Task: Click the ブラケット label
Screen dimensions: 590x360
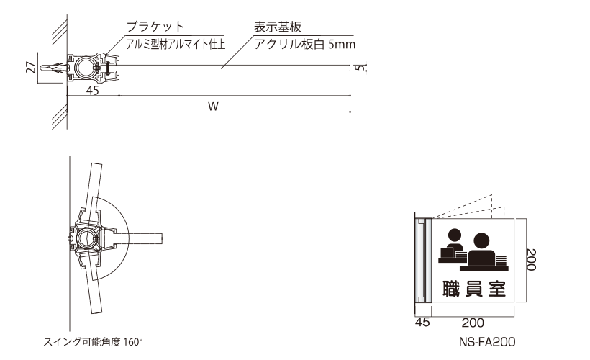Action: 155,27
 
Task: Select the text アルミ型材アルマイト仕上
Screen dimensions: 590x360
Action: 176,45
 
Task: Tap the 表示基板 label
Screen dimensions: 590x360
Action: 278,27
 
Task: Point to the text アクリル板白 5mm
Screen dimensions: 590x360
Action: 305,45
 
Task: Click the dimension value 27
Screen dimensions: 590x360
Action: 32,68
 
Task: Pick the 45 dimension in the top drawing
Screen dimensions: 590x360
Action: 93,91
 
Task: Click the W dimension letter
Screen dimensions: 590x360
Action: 214,106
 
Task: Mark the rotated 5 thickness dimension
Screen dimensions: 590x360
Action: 360,68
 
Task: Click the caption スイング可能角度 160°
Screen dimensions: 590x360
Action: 93,342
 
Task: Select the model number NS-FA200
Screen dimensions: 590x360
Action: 487,342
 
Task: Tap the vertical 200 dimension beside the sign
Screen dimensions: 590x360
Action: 530,259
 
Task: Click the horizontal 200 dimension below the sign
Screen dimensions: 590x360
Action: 473,323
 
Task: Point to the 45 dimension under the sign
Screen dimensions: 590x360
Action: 422,323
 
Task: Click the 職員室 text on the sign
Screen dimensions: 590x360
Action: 473,289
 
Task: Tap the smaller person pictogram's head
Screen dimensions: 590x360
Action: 455,235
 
